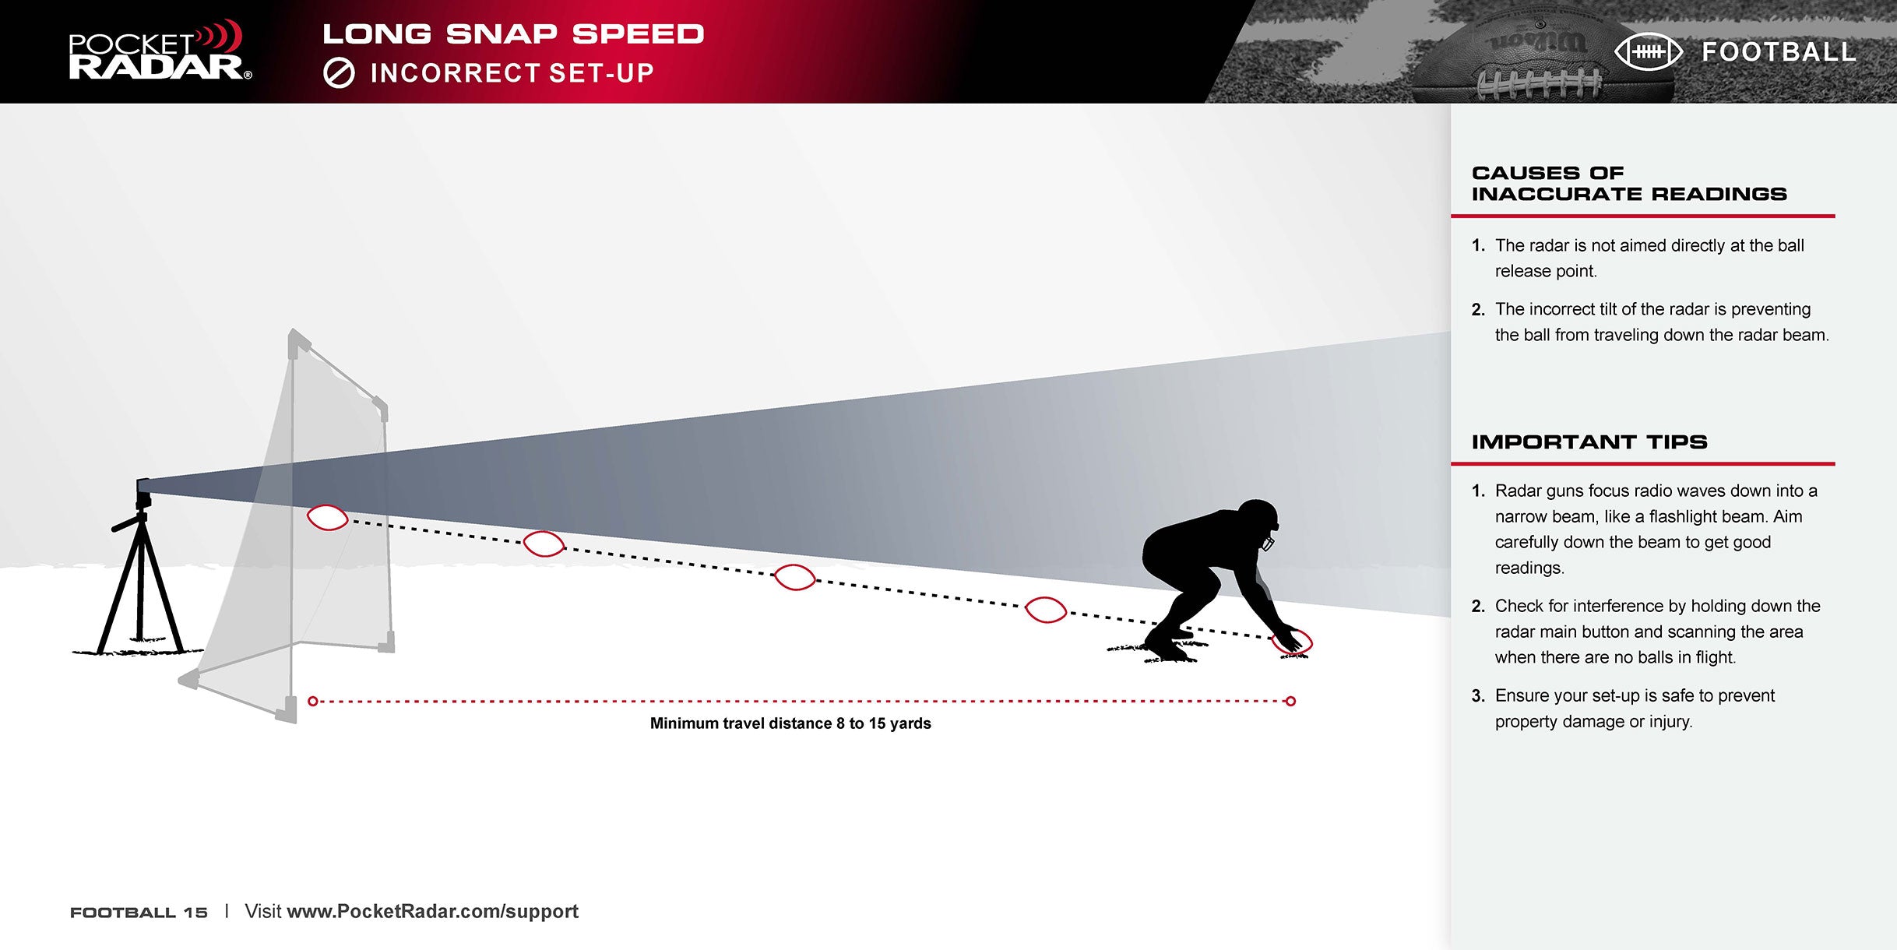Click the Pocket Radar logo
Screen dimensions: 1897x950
pos(160,51)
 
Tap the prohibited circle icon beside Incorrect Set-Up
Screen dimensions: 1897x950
pos(339,74)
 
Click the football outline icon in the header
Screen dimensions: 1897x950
pos(1648,52)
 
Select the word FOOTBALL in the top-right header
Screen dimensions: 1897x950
pos(1779,52)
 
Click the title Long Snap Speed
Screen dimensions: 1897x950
pos(513,34)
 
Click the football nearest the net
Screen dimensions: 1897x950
pos(328,518)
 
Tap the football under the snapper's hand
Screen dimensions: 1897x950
pos(1293,642)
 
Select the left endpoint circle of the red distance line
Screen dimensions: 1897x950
pos(313,702)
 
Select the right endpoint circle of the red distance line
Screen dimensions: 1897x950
pos(1290,702)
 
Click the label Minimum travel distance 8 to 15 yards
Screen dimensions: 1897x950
pos(790,723)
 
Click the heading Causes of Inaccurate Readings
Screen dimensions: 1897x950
pos(1629,183)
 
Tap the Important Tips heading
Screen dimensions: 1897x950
pos(1589,442)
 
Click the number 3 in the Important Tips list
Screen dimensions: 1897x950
pos(1477,696)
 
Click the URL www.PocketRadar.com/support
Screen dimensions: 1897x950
pos(433,912)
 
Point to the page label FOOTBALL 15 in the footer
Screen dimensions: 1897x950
pos(139,913)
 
